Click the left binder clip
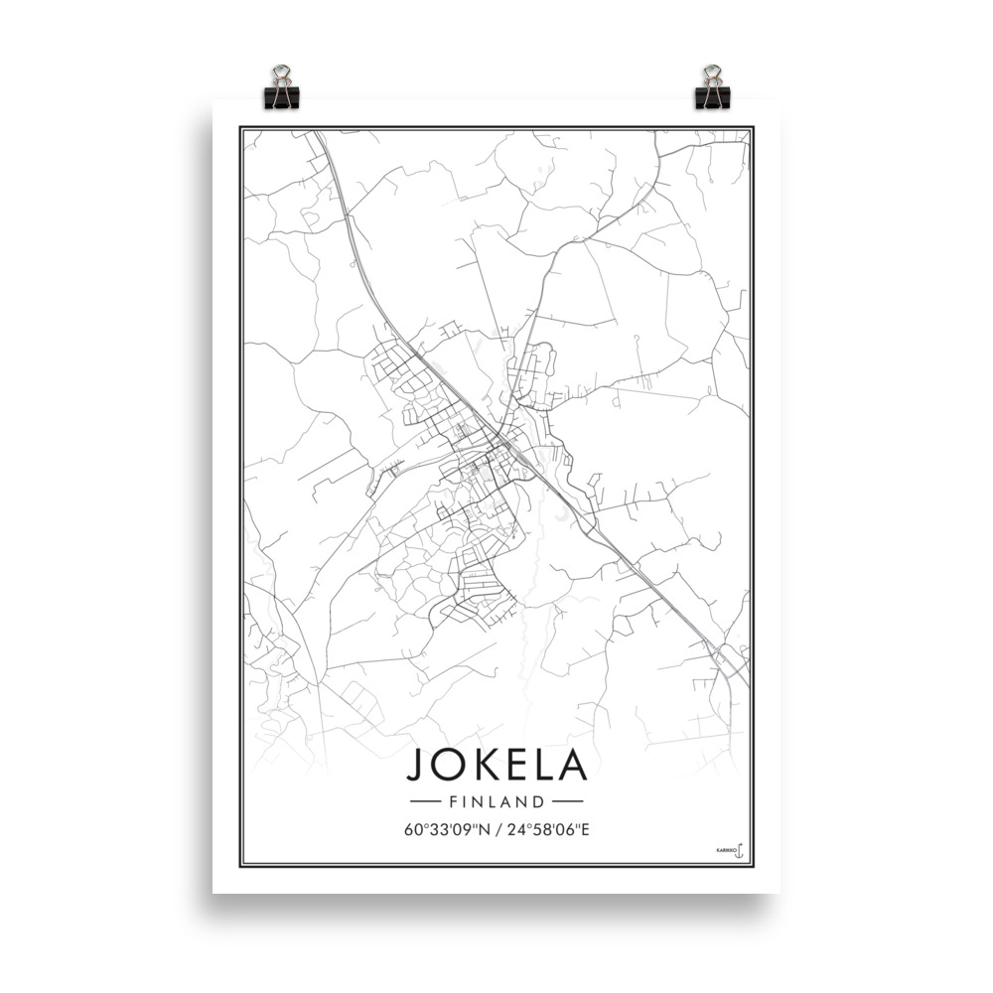[281, 88]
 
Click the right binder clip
[712, 88]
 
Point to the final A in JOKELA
[573, 764]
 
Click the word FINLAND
[496, 800]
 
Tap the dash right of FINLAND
[567, 800]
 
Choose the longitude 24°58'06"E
[547, 829]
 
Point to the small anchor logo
[739, 850]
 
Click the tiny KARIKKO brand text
[724, 851]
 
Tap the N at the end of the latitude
[482, 829]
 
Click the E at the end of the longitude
[585, 829]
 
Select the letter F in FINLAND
[454, 800]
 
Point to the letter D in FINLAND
[538, 800]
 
